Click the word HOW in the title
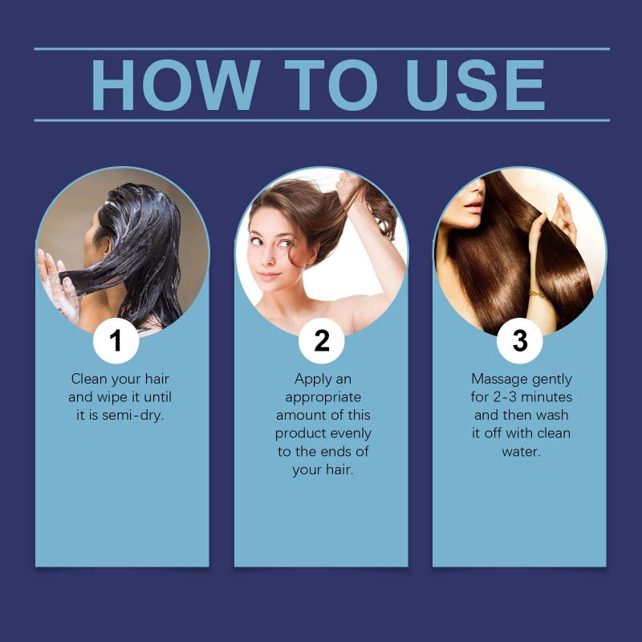coord(176,85)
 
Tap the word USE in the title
coord(475,85)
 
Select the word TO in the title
coord(331,85)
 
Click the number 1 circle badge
coord(116,340)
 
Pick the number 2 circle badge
coord(322,340)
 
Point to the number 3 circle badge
coord(519,340)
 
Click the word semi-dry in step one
coord(132,416)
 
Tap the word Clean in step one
coord(88,379)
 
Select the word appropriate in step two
coord(323,397)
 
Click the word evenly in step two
coord(351,433)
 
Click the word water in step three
coord(521,452)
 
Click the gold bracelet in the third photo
coord(536,295)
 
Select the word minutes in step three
coord(547,396)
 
